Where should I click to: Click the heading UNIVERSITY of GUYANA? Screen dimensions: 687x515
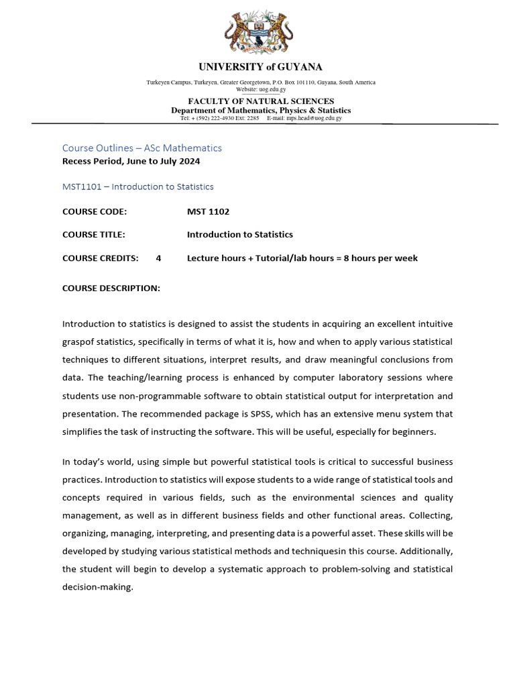(260, 67)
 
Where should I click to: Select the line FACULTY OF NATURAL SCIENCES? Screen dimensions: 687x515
(260, 101)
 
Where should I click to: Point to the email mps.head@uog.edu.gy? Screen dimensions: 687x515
(314, 118)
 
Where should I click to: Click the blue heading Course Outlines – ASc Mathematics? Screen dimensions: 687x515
(141, 148)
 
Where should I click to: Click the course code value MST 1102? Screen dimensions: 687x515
(208, 212)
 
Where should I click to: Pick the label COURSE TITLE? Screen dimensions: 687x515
(93, 235)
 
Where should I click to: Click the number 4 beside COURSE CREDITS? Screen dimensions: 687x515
(158, 258)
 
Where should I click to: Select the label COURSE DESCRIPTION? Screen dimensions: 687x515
(111, 288)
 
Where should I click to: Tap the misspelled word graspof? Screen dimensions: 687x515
(78, 342)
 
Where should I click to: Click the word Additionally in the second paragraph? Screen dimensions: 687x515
(427, 551)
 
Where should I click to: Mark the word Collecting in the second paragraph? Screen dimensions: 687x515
(430, 515)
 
